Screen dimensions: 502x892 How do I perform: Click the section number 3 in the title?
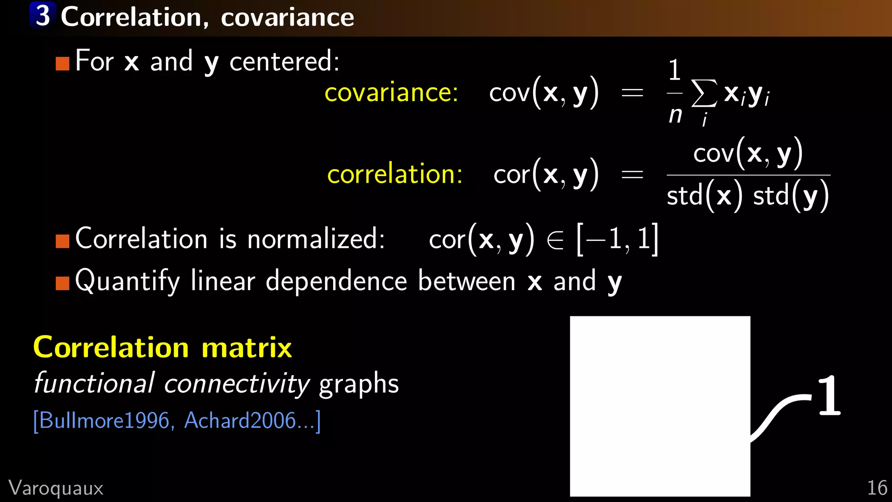[43, 16]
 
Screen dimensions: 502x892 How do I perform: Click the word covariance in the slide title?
[287, 17]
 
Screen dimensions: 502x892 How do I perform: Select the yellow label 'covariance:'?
[391, 92]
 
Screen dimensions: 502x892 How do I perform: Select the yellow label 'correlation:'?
[395, 174]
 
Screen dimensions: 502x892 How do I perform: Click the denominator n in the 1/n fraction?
[675, 115]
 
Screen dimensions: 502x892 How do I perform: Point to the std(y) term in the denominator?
[791, 196]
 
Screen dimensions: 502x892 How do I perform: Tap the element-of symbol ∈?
[555, 240]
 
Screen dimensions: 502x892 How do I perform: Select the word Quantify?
[127, 281]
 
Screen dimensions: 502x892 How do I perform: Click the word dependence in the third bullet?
[336, 281]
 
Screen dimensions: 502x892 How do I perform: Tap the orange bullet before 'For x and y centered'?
[63, 64]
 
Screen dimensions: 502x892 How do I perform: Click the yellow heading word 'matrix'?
[247, 348]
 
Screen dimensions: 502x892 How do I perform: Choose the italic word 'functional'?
[94, 383]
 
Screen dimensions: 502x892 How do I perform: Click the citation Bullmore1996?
[104, 421]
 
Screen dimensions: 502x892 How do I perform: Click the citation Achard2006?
[240, 421]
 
